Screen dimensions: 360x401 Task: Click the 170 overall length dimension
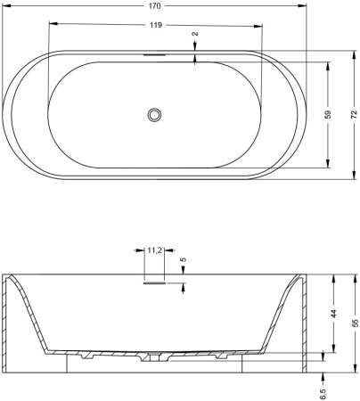[154, 6]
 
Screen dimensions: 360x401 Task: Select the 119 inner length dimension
[156, 25]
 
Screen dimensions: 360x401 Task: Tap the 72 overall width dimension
[354, 115]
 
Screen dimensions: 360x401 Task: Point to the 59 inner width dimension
[328, 115]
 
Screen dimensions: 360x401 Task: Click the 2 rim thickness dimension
[195, 34]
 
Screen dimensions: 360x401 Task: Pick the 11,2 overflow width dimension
[154, 250]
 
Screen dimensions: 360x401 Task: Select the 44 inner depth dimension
[334, 314]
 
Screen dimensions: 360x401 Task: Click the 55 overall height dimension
[355, 323]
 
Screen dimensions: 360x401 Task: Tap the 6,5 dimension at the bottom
[323, 394]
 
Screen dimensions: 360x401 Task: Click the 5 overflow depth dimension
[184, 259]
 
